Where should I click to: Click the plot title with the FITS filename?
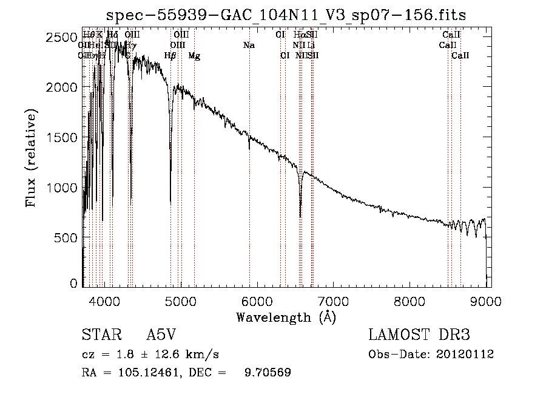286,15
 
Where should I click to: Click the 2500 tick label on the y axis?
61,38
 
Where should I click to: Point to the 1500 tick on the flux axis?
61,138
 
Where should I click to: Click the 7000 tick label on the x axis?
334,300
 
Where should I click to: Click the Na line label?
249,46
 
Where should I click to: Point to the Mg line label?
194,56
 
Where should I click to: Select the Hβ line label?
170,56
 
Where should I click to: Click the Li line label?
311,46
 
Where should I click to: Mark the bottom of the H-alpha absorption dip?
300,216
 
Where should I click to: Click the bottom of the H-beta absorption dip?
170,202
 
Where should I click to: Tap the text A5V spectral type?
163,335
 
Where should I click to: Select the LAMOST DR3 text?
419,335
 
